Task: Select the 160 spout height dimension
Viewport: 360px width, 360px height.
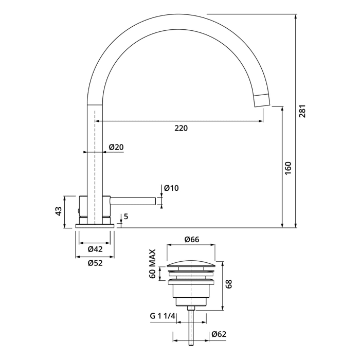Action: [x=288, y=168]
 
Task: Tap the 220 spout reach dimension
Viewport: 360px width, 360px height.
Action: [x=181, y=128]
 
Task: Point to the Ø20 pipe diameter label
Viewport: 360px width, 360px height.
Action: [x=116, y=148]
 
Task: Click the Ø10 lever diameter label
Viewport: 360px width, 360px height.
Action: [x=171, y=188]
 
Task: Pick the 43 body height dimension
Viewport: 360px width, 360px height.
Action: [x=59, y=211]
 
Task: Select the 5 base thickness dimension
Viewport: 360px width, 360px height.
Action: [x=125, y=217]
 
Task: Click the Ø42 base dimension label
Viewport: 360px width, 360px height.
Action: [x=95, y=249]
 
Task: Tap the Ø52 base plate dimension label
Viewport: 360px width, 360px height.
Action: [x=95, y=262]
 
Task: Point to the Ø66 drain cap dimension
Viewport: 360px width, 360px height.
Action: [x=192, y=239]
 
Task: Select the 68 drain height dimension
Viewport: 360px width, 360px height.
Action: [x=229, y=284]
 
